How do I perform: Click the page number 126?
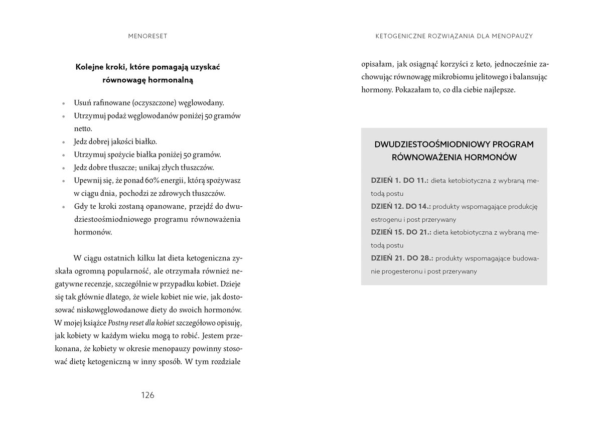[x=147, y=395]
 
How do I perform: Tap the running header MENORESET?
[x=147, y=36]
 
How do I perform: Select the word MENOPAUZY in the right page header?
[x=512, y=36]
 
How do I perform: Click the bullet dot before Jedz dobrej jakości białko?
[x=64, y=142]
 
